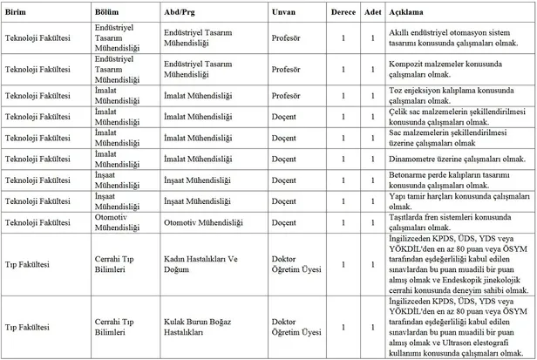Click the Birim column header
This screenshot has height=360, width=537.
tap(18, 15)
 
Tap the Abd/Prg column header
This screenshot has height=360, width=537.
tap(181, 15)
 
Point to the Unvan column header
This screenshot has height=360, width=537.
tap(284, 15)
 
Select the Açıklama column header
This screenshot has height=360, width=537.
tap(405, 15)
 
